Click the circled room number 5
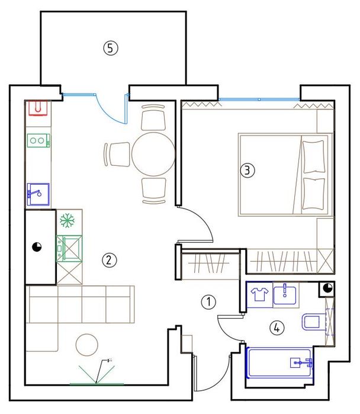coord(111,49)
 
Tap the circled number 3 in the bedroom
coord(247,170)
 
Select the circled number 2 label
coord(109,261)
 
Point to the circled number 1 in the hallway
coord(208,301)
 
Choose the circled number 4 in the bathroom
coord(277,328)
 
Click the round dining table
coord(153,154)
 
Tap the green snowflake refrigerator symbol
coord(67,221)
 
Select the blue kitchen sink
coord(38,194)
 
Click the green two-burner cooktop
coord(38,140)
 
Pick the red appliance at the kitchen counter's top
coord(38,108)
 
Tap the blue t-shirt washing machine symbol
coord(259,294)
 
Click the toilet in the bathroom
coord(311,322)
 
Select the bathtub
coord(279,363)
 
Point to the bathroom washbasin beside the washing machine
coord(285,295)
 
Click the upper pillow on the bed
coord(313,156)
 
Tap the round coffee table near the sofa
coord(87,345)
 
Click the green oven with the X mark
coord(69,248)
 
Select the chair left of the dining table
coord(117,155)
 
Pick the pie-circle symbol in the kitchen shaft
coord(37,247)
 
